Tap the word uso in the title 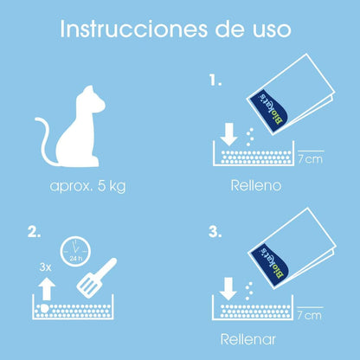[268, 29]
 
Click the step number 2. [35, 233]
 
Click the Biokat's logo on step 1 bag [269, 110]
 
